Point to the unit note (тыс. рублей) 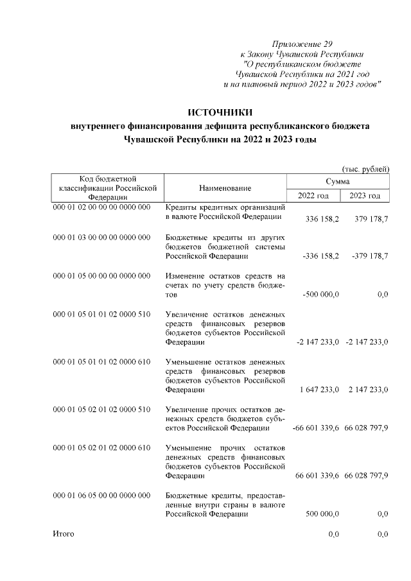(x=366, y=169)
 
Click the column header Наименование (x=225, y=188)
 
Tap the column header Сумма (x=338, y=182)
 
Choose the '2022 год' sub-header (x=314, y=195)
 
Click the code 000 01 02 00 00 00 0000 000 (x=101, y=209)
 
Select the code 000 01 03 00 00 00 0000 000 (x=101, y=238)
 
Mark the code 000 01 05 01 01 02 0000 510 (x=101, y=314)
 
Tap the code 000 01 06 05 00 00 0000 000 (x=101, y=495)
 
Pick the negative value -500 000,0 (x=320, y=295)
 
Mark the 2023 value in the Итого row (x=383, y=534)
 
